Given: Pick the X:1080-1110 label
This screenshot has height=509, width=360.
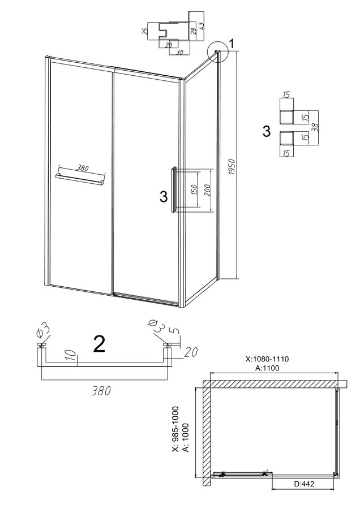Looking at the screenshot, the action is click(267, 359).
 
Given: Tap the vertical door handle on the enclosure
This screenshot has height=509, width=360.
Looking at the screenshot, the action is click(174, 190).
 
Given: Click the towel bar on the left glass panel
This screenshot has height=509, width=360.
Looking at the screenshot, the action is click(80, 179).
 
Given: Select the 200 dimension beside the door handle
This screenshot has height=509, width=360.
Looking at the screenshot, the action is click(208, 190).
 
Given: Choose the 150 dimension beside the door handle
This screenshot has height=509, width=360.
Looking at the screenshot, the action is click(195, 189).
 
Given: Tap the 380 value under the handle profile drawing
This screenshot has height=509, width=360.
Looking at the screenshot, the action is click(101, 391).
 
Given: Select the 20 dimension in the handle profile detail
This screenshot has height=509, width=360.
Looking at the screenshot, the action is click(191, 352).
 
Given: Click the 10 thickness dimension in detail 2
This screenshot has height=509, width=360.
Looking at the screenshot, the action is click(73, 355).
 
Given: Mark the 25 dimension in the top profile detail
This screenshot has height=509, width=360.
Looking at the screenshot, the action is click(145, 31).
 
